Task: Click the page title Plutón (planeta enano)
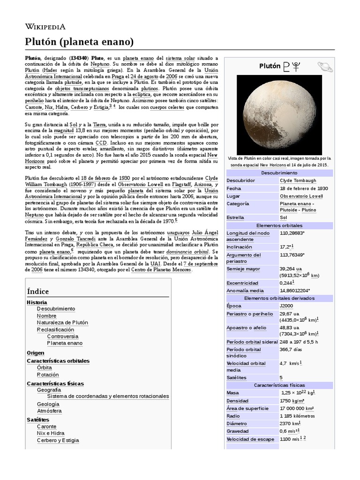click(80, 42)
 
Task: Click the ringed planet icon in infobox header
click(324, 67)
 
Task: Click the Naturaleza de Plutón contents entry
click(62, 322)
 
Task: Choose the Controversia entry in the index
click(63, 336)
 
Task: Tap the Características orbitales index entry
click(58, 361)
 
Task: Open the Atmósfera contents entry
click(49, 411)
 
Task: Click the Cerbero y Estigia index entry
click(58, 440)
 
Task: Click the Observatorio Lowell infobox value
click(302, 196)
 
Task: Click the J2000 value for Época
click(287, 306)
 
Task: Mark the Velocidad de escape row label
click(250, 439)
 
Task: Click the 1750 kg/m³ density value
click(292, 401)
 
